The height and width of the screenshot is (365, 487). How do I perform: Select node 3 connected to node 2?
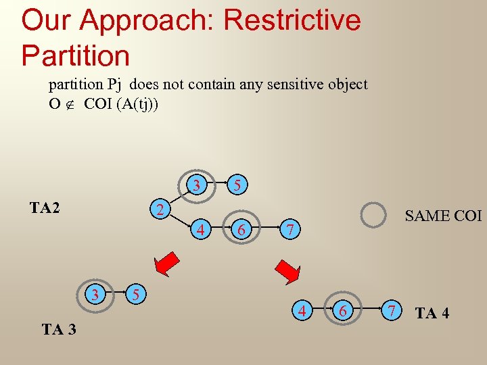pyautogui.click(x=196, y=185)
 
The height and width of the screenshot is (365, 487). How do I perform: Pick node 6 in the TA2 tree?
pyautogui.click(x=241, y=230)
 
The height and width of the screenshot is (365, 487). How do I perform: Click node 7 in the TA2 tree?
pyautogui.click(x=289, y=230)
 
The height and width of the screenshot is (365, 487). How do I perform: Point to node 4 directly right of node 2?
pyautogui.click(x=201, y=230)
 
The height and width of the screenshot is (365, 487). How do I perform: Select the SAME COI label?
pyautogui.click(x=442, y=216)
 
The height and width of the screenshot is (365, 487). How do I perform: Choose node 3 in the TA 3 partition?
pyautogui.click(x=96, y=294)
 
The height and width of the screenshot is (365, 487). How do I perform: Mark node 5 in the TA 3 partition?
pyautogui.click(x=136, y=294)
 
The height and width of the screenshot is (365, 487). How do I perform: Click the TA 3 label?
pyautogui.click(x=59, y=330)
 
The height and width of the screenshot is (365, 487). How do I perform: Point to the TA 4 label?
pyautogui.click(x=432, y=313)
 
